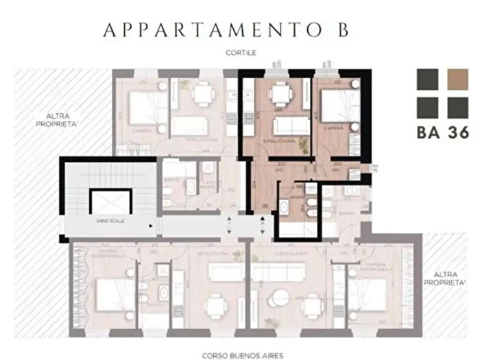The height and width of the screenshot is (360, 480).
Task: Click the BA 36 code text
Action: tap(442, 133)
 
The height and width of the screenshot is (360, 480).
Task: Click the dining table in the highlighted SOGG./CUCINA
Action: tap(279, 95)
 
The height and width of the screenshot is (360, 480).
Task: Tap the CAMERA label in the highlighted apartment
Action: tap(334, 128)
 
